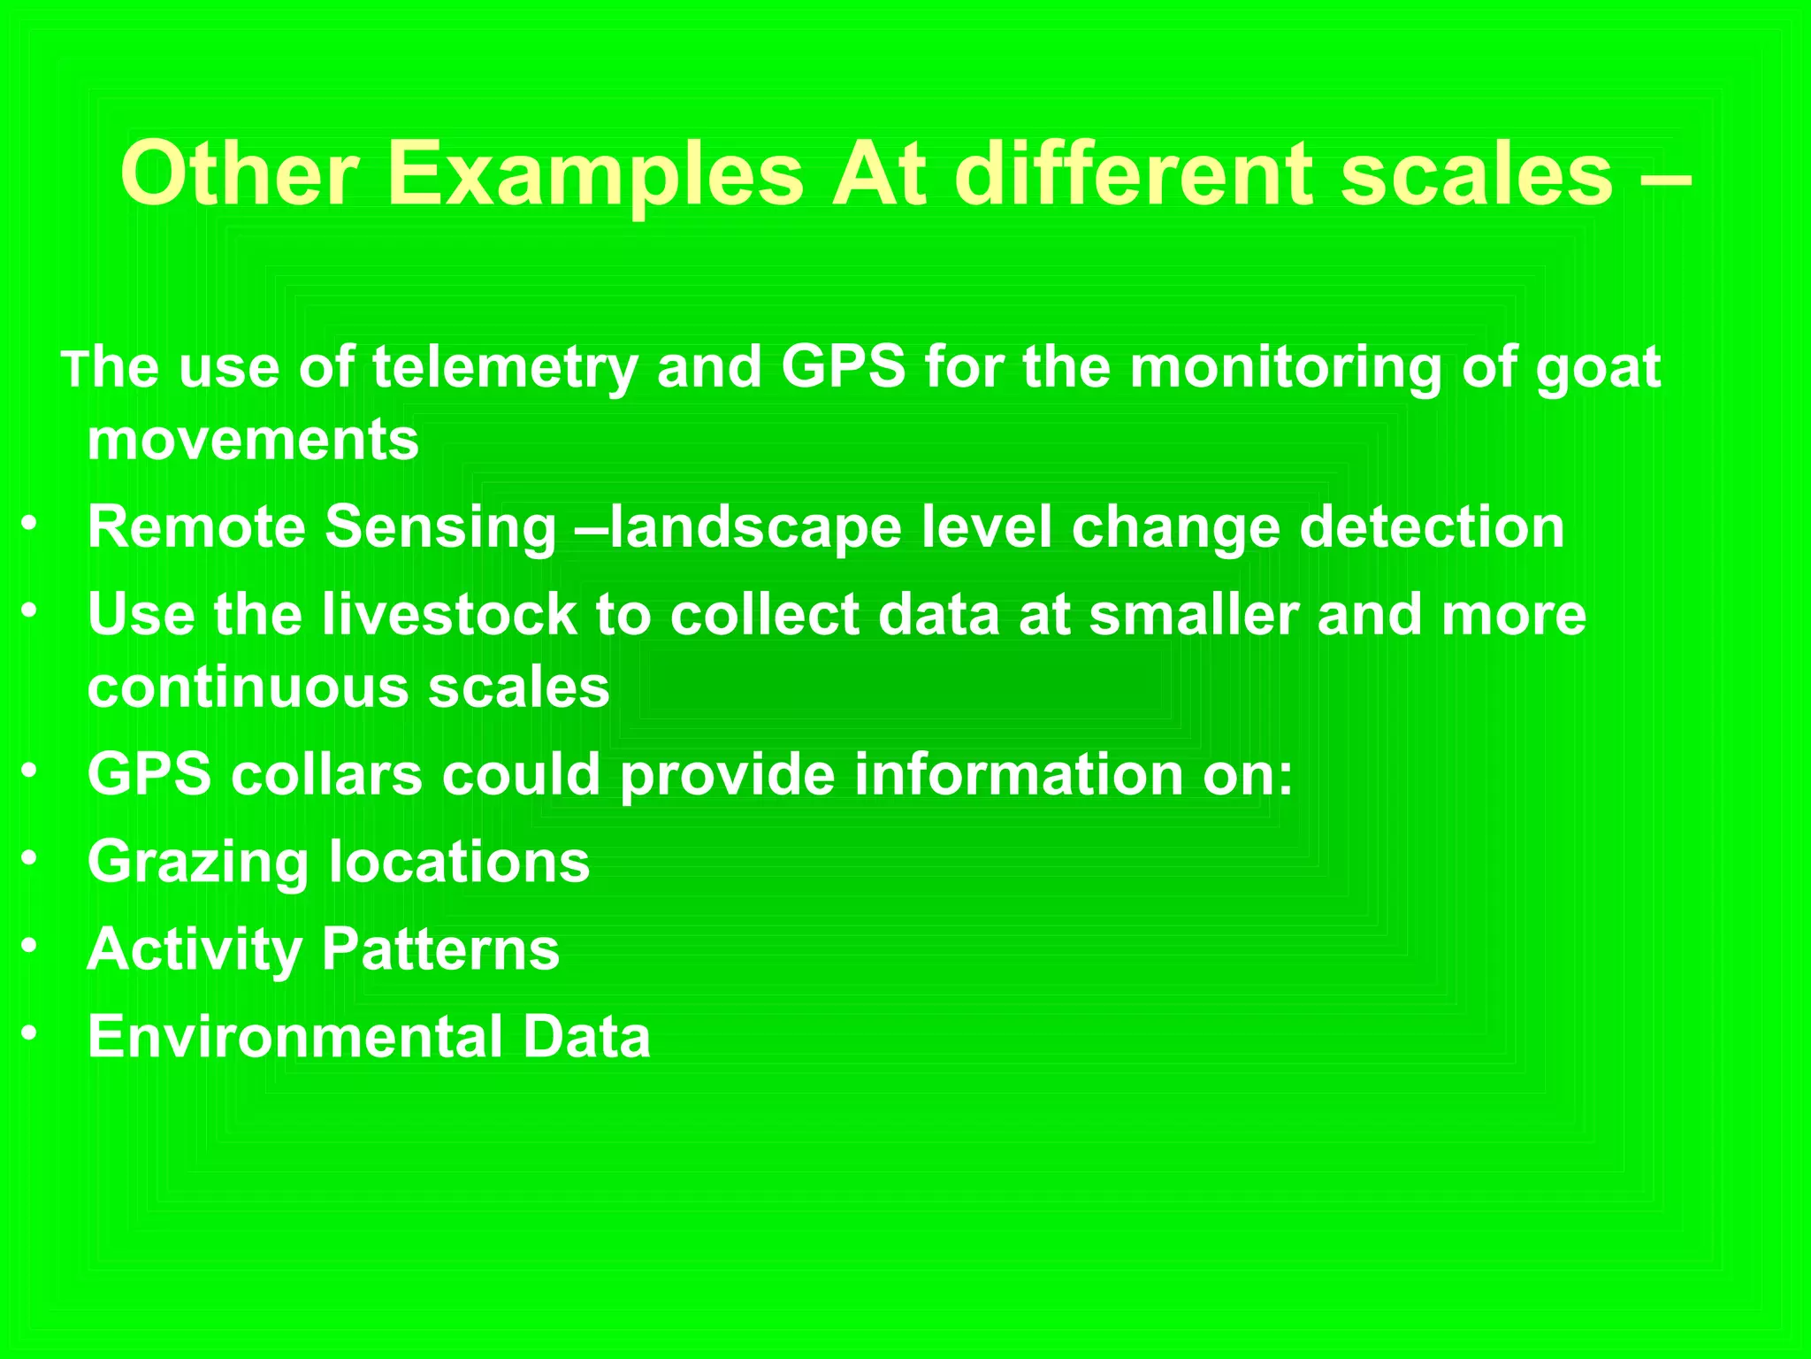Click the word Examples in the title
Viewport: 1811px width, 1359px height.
(595, 174)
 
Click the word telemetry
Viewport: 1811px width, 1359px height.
(505, 367)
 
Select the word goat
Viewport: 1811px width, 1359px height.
(1598, 369)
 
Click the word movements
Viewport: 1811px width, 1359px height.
(253, 441)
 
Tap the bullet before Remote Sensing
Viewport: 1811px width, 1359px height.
(30, 524)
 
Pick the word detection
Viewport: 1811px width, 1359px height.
(1432, 528)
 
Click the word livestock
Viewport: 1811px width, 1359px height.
(449, 614)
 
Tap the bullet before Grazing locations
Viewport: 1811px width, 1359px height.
(30, 858)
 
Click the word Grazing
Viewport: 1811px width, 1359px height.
(197, 863)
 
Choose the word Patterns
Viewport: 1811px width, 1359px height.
(440, 949)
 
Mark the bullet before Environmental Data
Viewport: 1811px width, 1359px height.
(30, 1033)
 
